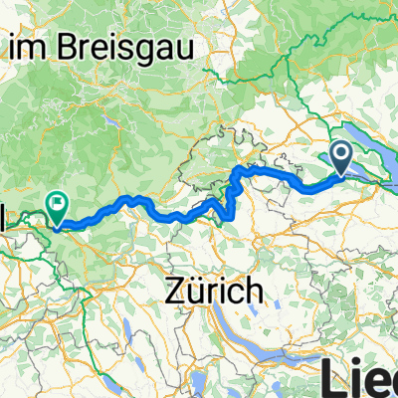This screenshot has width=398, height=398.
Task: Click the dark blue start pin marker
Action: click(340, 157)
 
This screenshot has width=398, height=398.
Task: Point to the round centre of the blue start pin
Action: click(340, 154)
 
